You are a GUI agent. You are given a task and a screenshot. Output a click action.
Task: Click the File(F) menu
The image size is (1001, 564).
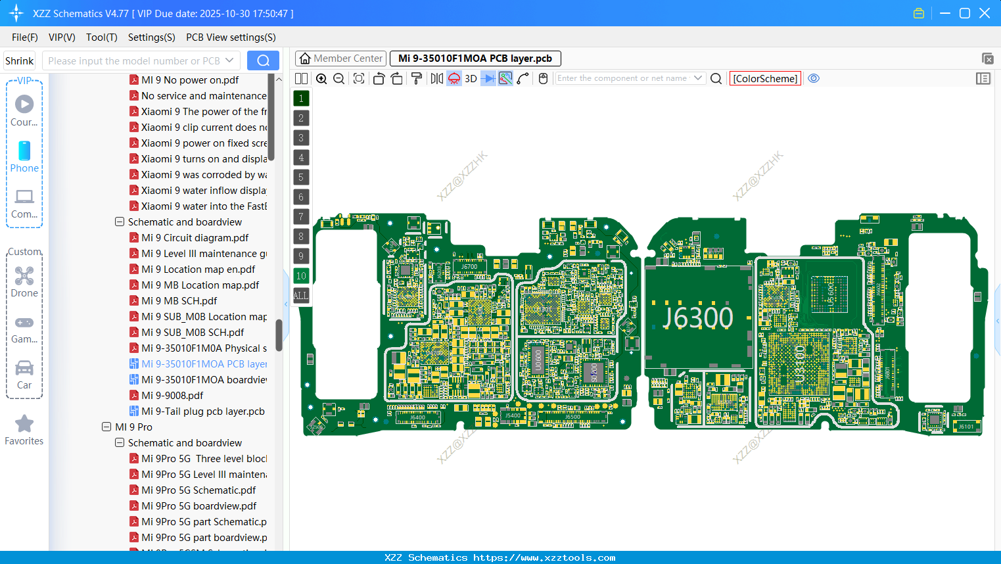[24, 37]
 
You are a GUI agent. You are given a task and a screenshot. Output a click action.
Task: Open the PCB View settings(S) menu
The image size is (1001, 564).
[231, 37]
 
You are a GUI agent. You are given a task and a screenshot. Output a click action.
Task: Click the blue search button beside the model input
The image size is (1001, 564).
[263, 60]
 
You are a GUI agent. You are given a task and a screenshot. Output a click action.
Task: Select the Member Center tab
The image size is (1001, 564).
[340, 59]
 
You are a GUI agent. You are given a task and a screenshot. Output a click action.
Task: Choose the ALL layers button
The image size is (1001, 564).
[301, 295]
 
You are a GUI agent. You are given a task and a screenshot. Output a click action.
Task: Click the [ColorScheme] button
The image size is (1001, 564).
[765, 79]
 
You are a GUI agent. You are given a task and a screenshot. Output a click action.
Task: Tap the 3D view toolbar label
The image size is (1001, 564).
[471, 79]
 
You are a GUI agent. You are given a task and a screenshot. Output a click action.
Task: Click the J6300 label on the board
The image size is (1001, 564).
[697, 318]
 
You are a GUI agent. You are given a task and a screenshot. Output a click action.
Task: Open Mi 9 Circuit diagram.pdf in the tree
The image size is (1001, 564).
[195, 238]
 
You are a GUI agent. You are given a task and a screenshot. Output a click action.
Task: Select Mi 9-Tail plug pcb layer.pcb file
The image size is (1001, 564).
[202, 411]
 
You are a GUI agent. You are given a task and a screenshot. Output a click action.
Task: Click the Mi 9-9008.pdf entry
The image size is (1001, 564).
[172, 396]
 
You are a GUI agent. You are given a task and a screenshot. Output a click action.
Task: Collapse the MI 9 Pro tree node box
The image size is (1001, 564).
[106, 427]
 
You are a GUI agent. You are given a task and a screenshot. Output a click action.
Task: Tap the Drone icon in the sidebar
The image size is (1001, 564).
[24, 276]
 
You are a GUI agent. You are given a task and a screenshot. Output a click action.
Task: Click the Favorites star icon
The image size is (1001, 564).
[24, 424]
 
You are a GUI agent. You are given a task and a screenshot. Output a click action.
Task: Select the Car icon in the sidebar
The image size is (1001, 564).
[24, 368]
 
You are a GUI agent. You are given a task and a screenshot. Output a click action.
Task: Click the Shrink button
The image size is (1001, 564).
[19, 61]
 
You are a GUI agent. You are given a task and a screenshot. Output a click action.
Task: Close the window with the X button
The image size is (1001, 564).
[985, 13]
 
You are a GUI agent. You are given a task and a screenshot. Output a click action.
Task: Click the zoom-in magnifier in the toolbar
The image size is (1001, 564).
[321, 79]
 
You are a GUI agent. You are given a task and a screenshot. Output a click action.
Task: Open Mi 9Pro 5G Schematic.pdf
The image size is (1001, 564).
[198, 490]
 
